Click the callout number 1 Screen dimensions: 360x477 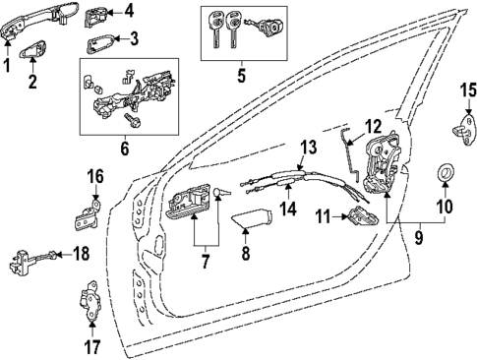(x=8, y=66)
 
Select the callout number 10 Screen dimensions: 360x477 (x=443, y=207)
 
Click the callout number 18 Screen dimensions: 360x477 (x=82, y=254)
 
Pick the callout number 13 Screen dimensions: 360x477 (x=308, y=147)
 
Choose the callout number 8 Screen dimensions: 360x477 (x=245, y=254)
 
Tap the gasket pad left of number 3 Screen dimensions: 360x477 (x=98, y=42)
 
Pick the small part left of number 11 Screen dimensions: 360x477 (x=360, y=218)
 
